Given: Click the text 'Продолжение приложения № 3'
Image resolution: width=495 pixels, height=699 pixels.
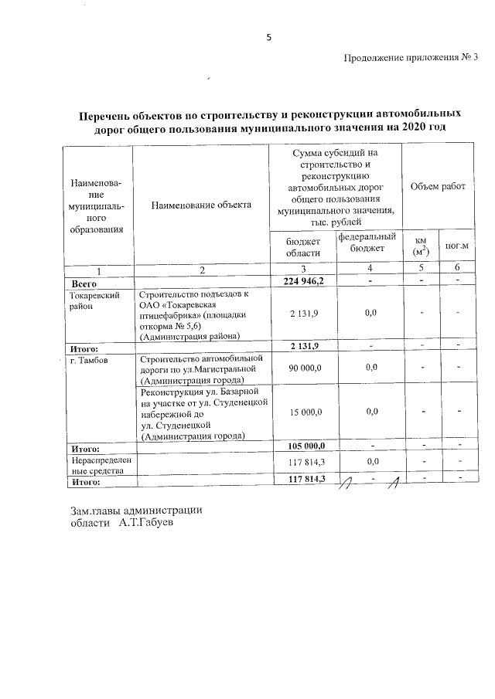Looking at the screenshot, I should click(x=410, y=57).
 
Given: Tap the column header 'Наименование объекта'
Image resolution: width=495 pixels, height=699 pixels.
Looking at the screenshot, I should click(x=202, y=205).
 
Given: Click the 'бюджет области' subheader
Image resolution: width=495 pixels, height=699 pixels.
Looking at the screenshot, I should click(x=302, y=248).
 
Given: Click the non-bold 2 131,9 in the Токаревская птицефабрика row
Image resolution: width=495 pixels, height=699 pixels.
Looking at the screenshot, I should click(x=302, y=313).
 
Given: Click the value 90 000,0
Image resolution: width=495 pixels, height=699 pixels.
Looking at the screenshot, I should click(x=302, y=369).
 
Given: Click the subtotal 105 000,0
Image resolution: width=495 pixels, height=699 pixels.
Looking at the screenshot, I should click(x=302, y=446).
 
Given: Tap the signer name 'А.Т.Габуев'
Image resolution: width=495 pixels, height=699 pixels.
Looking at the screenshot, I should click(x=147, y=524).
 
